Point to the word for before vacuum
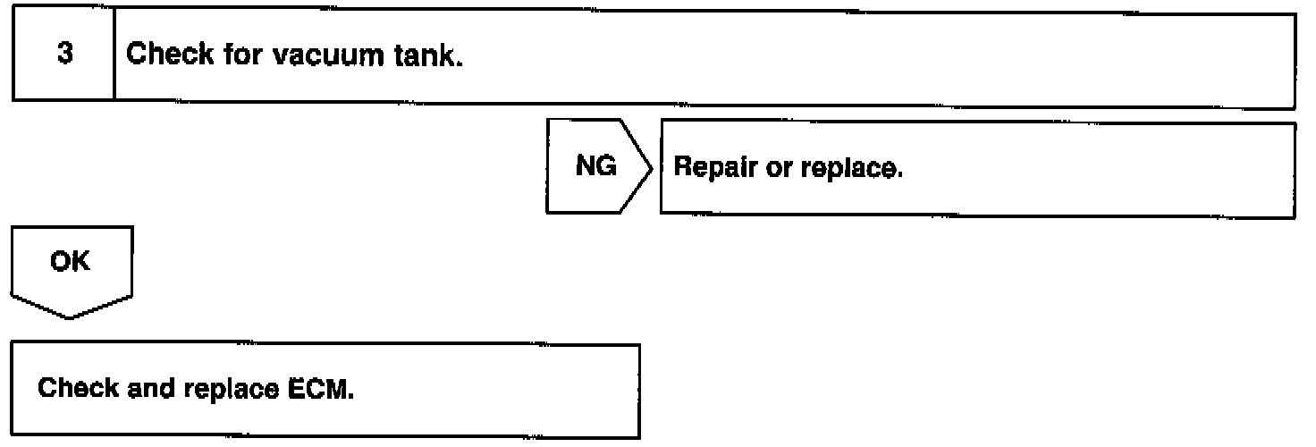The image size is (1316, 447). point(240,55)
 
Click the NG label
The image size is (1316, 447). point(595,168)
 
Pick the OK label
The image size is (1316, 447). point(71,265)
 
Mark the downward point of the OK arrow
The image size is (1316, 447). point(71,317)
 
